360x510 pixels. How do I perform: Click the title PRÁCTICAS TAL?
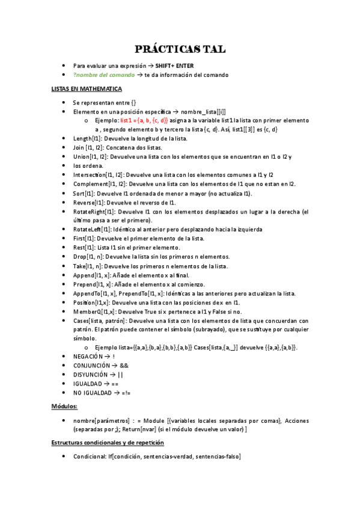click(180, 48)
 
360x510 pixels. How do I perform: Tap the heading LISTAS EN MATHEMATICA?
click(87, 89)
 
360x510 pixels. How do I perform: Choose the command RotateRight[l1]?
click(94, 212)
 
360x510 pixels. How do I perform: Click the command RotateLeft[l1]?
click(92, 230)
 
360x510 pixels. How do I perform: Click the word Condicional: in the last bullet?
click(90, 457)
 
